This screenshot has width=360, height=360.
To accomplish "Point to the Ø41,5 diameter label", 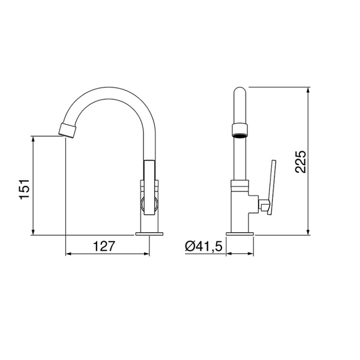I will [x=203, y=246].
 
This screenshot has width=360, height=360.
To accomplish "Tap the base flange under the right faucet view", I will [x=240, y=233].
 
